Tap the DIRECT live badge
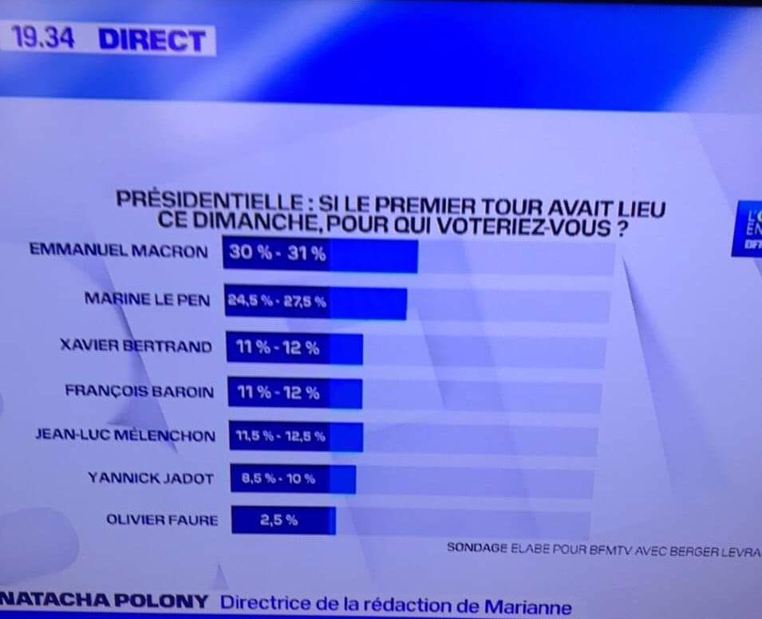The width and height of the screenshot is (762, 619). [x=152, y=40]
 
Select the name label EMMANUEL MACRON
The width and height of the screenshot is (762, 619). [x=118, y=250]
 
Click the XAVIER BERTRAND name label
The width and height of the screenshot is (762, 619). [x=136, y=346]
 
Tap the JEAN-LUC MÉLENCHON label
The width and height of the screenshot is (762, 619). [x=125, y=436]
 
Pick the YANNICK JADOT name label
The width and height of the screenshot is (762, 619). [x=150, y=479]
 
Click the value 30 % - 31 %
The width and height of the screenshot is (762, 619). [x=277, y=254]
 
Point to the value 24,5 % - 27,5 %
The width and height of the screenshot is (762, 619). [x=276, y=302]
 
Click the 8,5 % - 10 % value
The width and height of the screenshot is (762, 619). [x=278, y=479]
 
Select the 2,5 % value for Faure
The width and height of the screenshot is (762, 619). [x=278, y=520]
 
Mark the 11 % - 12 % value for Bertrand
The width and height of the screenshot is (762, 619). [x=278, y=348]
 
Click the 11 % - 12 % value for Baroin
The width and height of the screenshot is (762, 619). [x=278, y=392]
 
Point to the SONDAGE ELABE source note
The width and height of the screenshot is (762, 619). [x=603, y=549]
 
